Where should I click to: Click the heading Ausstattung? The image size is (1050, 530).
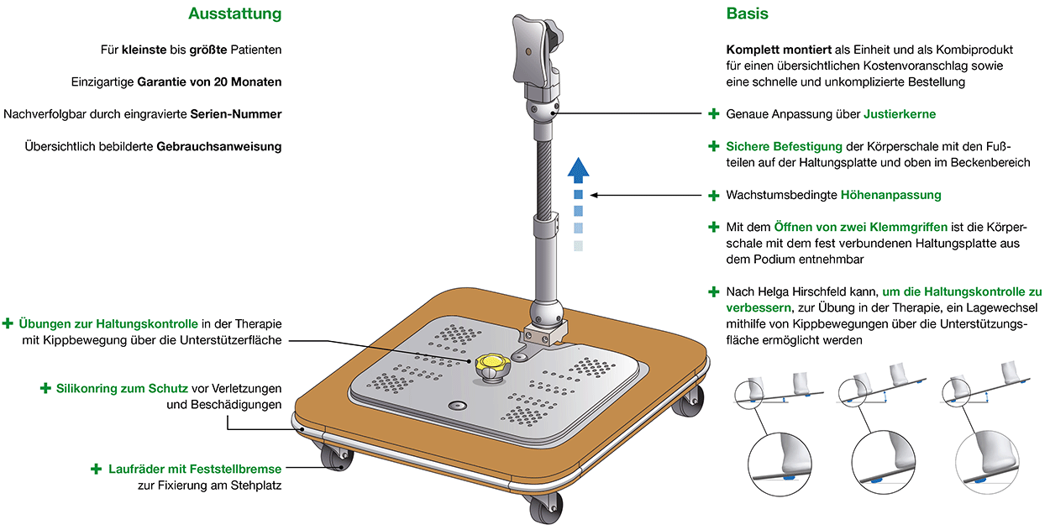(x=234, y=14)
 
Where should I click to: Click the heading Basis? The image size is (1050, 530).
(x=747, y=14)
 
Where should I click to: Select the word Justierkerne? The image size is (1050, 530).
(x=900, y=113)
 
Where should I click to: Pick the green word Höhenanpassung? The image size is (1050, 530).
(x=890, y=195)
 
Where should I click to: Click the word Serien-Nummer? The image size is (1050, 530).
(x=236, y=114)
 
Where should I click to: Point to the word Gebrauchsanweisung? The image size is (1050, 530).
(x=219, y=146)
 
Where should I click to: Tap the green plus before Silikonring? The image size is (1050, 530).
(x=45, y=389)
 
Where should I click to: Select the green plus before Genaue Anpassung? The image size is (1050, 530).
(x=714, y=113)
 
